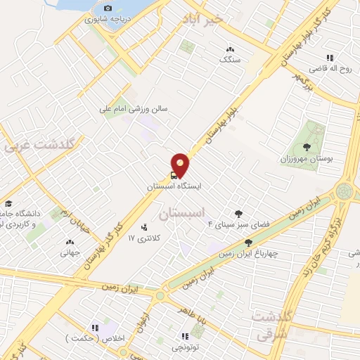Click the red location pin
click(181, 165)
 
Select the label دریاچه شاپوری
click(103, 19)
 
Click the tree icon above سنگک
click(230, 49)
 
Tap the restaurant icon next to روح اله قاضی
click(329, 58)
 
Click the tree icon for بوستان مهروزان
click(307, 147)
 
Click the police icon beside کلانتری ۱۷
click(144, 226)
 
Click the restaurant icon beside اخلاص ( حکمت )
click(95, 328)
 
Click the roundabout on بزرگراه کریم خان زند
click(345, 191)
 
